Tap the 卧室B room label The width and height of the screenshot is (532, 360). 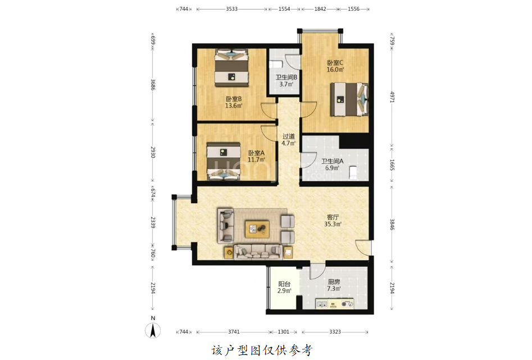pyautogui.click(x=234, y=102)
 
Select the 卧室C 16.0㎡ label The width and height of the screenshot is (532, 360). pyautogui.click(x=335, y=66)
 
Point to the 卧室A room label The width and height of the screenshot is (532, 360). pyautogui.click(x=256, y=156)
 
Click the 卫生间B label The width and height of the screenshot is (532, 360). pyautogui.click(x=287, y=81)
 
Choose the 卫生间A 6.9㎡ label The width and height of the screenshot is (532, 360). pyautogui.click(x=333, y=165)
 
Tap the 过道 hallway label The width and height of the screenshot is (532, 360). pyautogui.click(x=288, y=139)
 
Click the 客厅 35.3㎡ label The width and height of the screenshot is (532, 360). pyautogui.click(x=333, y=221)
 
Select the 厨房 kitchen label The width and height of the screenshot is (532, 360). pyautogui.click(x=334, y=285)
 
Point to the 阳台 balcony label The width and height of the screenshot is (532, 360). pyautogui.click(x=284, y=288)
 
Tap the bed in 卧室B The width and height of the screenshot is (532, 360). pyautogui.click(x=232, y=68)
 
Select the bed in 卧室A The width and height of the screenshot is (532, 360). pyautogui.click(x=224, y=161)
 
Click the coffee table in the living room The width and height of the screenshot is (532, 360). pyautogui.click(x=257, y=229)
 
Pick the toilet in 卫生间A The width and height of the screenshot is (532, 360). pyautogui.click(x=353, y=172)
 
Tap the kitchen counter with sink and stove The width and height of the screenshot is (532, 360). pyautogui.click(x=334, y=304)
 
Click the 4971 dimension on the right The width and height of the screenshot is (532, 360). pyautogui.click(x=392, y=97)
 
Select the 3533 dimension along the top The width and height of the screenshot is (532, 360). pyautogui.click(x=232, y=9)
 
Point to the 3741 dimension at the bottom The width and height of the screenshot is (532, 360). pyautogui.click(x=234, y=332)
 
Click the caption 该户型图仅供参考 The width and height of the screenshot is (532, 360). pyautogui.click(x=262, y=350)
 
